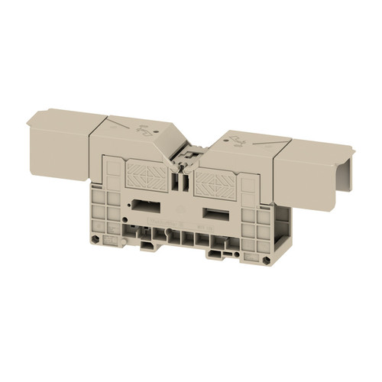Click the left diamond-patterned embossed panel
click(x=146, y=176)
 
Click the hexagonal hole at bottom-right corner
click(x=264, y=261)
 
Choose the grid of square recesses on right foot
click(x=252, y=229)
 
